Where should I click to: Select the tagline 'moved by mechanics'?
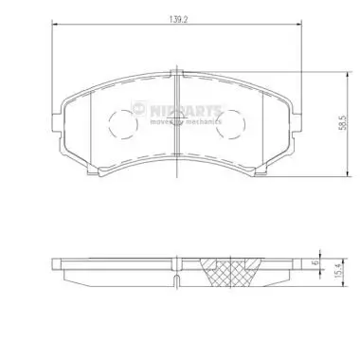(188, 121)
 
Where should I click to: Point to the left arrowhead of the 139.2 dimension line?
(51, 25)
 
